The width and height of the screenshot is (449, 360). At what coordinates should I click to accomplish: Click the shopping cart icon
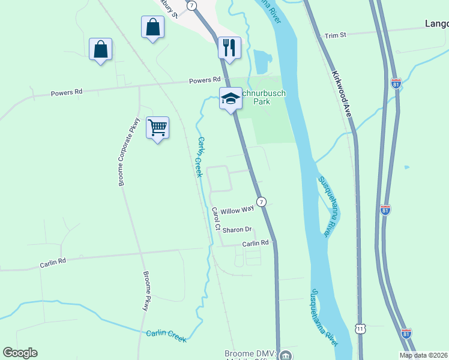(157, 128)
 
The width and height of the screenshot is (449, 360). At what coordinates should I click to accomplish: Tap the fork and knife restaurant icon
(229, 48)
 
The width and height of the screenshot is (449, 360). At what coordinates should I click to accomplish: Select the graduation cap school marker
(230, 99)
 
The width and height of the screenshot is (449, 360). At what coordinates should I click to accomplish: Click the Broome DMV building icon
(286, 355)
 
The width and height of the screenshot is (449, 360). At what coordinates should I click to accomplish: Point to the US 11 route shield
(360, 329)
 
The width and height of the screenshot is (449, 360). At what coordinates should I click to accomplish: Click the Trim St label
(336, 35)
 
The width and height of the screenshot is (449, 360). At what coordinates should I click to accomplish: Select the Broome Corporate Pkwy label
(128, 151)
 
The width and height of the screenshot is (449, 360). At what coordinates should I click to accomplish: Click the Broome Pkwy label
(146, 291)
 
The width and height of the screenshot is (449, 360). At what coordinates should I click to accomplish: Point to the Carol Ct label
(216, 218)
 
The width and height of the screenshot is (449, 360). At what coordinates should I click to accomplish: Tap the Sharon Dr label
(237, 230)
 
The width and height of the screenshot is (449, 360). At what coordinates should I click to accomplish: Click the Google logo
(20, 353)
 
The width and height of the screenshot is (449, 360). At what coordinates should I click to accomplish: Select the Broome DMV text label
(249, 354)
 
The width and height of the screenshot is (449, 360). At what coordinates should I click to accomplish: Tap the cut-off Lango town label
(436, 24)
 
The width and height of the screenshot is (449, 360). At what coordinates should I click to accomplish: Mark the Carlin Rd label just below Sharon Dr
(256, 244)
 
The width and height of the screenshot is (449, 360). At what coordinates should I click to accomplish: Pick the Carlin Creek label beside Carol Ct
(200, 157)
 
